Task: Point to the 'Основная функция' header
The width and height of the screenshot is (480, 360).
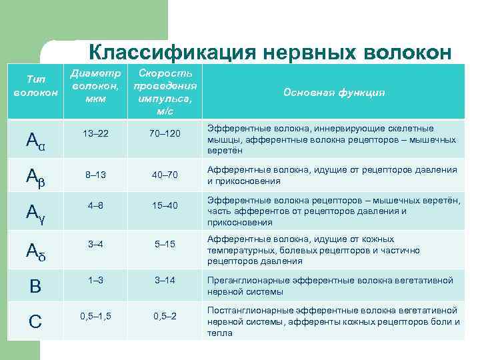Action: click(x=334, y=93)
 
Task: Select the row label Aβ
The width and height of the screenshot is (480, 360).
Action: click(x=35, y=176)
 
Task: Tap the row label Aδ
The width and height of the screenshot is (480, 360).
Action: click(x=35, y=250)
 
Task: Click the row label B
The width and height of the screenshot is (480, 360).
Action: click(x=35, y=286)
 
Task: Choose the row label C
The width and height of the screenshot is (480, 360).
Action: click(x=35, y=321)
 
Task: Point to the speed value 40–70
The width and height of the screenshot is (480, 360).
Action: click(x=164, y=176)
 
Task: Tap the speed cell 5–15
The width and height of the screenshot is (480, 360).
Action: click(x=164, y=244)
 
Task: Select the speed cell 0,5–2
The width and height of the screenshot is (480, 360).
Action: click(x=164, y=315)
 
